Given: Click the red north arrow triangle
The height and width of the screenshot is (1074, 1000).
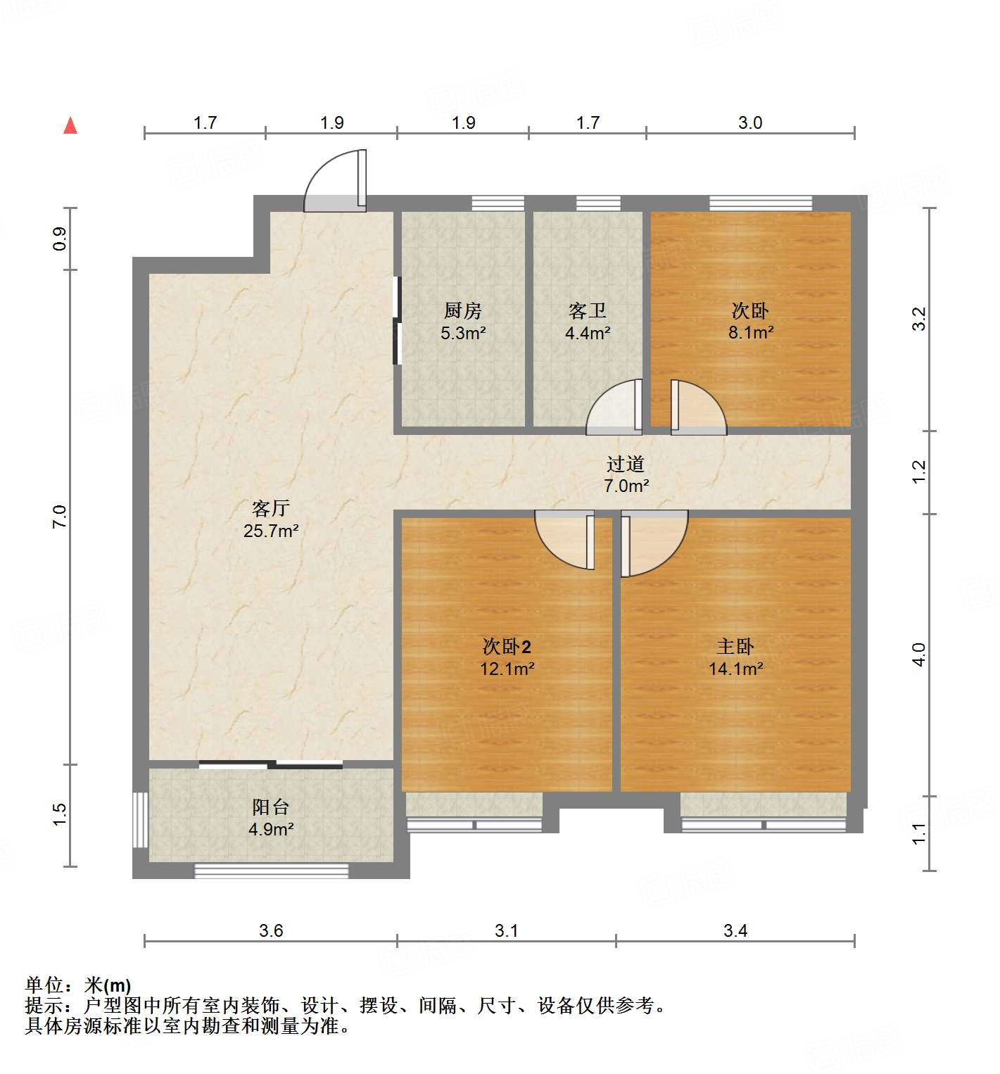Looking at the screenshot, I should click(70, 125).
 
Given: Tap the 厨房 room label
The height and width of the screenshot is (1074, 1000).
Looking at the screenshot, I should click(463, 310).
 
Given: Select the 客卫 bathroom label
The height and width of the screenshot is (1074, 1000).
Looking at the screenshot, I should click(588, 310).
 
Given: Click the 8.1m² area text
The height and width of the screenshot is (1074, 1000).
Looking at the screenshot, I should click(751, 333).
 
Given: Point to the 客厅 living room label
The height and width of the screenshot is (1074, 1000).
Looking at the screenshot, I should click(271, 508).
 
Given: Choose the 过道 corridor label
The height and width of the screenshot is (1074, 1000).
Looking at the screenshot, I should click(626, 464).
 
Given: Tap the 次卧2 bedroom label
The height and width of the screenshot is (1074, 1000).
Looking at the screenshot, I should click(507, 646).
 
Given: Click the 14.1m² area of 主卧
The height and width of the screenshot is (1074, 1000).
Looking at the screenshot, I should click(735, 669).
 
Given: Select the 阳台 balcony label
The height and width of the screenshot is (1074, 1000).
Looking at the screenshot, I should click(271, 807).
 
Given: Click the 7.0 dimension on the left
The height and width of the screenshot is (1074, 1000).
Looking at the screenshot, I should click(60, 517).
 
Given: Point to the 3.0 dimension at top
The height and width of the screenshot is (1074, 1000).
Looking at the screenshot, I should click(750, 122).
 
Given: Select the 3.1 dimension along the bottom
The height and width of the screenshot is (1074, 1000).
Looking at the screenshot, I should click(506, 930).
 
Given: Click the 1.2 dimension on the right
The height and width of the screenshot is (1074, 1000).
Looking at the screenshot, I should click(919, 472).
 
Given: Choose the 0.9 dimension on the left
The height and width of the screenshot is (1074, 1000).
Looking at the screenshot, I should click(60, 239).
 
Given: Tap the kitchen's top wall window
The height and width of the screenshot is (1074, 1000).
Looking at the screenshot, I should click(498, 203).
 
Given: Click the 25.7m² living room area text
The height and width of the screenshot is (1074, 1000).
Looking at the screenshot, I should click(271, 531).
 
